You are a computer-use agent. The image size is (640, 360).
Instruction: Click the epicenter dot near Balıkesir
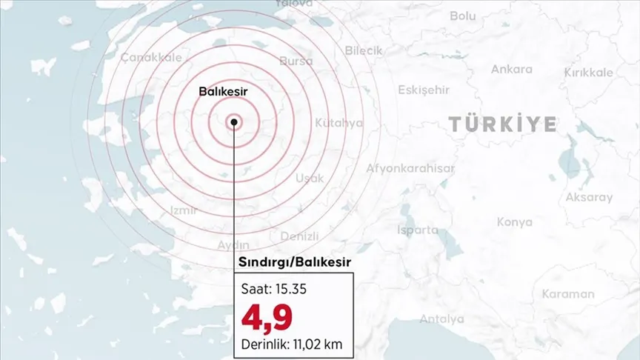coord(234,123)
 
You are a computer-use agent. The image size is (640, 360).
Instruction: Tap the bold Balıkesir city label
coord(222,91)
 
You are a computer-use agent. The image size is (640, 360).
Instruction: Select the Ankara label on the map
coord(511,70)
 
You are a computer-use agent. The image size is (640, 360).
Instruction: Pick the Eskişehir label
coord(424,90)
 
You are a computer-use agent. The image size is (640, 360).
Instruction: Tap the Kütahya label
coord(339,122)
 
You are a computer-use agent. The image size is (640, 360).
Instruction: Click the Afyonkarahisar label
coord(410,168)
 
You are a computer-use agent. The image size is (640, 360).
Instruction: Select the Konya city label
coord(514,221)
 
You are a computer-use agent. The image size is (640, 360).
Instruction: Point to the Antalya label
coord(441,319)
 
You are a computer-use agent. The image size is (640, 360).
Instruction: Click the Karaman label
coord(567,294)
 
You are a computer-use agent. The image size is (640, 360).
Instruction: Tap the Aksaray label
coord(589,198)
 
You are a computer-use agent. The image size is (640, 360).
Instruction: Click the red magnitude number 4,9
coord(266,316)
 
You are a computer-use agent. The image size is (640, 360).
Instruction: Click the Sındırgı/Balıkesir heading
coord(294,262)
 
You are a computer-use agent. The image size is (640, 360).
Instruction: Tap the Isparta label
coord(418,230)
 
